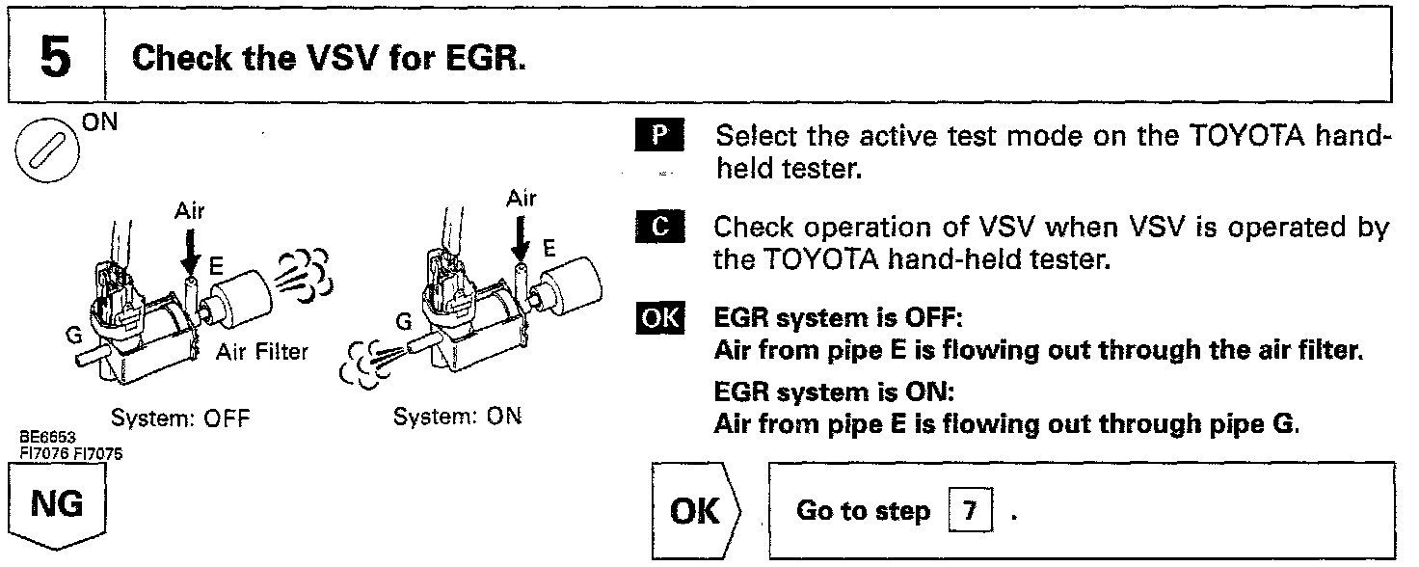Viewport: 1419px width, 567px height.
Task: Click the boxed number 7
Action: click(968, 510)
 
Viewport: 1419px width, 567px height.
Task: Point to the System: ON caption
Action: click(458, 419)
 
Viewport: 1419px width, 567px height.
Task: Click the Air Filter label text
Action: click(262, 351)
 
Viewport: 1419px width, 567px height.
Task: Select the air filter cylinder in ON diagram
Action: click(572, 283)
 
